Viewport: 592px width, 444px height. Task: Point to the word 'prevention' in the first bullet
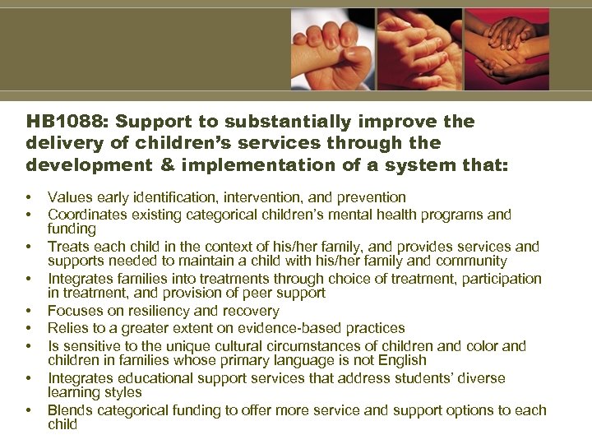tap(372, 197)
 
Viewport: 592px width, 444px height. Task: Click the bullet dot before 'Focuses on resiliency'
tap(29, 312)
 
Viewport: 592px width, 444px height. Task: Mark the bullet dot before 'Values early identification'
tap(29, 198)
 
